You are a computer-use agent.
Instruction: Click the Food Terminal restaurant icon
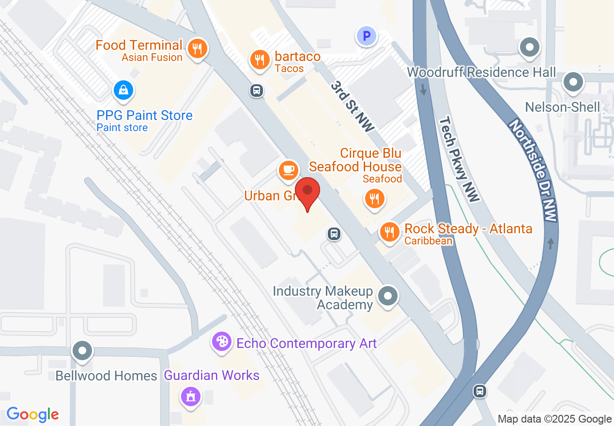(x=197, y=49)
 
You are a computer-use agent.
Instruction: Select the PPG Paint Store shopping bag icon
(x=123, y=90)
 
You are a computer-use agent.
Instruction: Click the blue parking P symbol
(x=367, y=36)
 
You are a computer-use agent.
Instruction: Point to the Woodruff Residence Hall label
(x=481, y=73)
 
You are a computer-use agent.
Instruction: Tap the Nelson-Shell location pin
(x=573, y=82)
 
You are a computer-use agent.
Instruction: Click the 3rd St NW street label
(x=352, y=106)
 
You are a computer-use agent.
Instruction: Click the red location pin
(x=307, y=193)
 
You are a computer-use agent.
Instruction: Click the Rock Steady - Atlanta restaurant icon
(x=389, y=232)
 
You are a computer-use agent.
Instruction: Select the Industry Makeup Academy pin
(x=387, y=295)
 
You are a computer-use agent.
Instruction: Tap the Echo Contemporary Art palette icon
(x=222, y=342)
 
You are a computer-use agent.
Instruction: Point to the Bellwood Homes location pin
(x=82, y=350)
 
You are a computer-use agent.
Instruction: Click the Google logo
(x=32, y=414)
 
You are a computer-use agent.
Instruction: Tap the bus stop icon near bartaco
(x=257, y=90)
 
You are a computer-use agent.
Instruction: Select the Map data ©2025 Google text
(x=555, y=419)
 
